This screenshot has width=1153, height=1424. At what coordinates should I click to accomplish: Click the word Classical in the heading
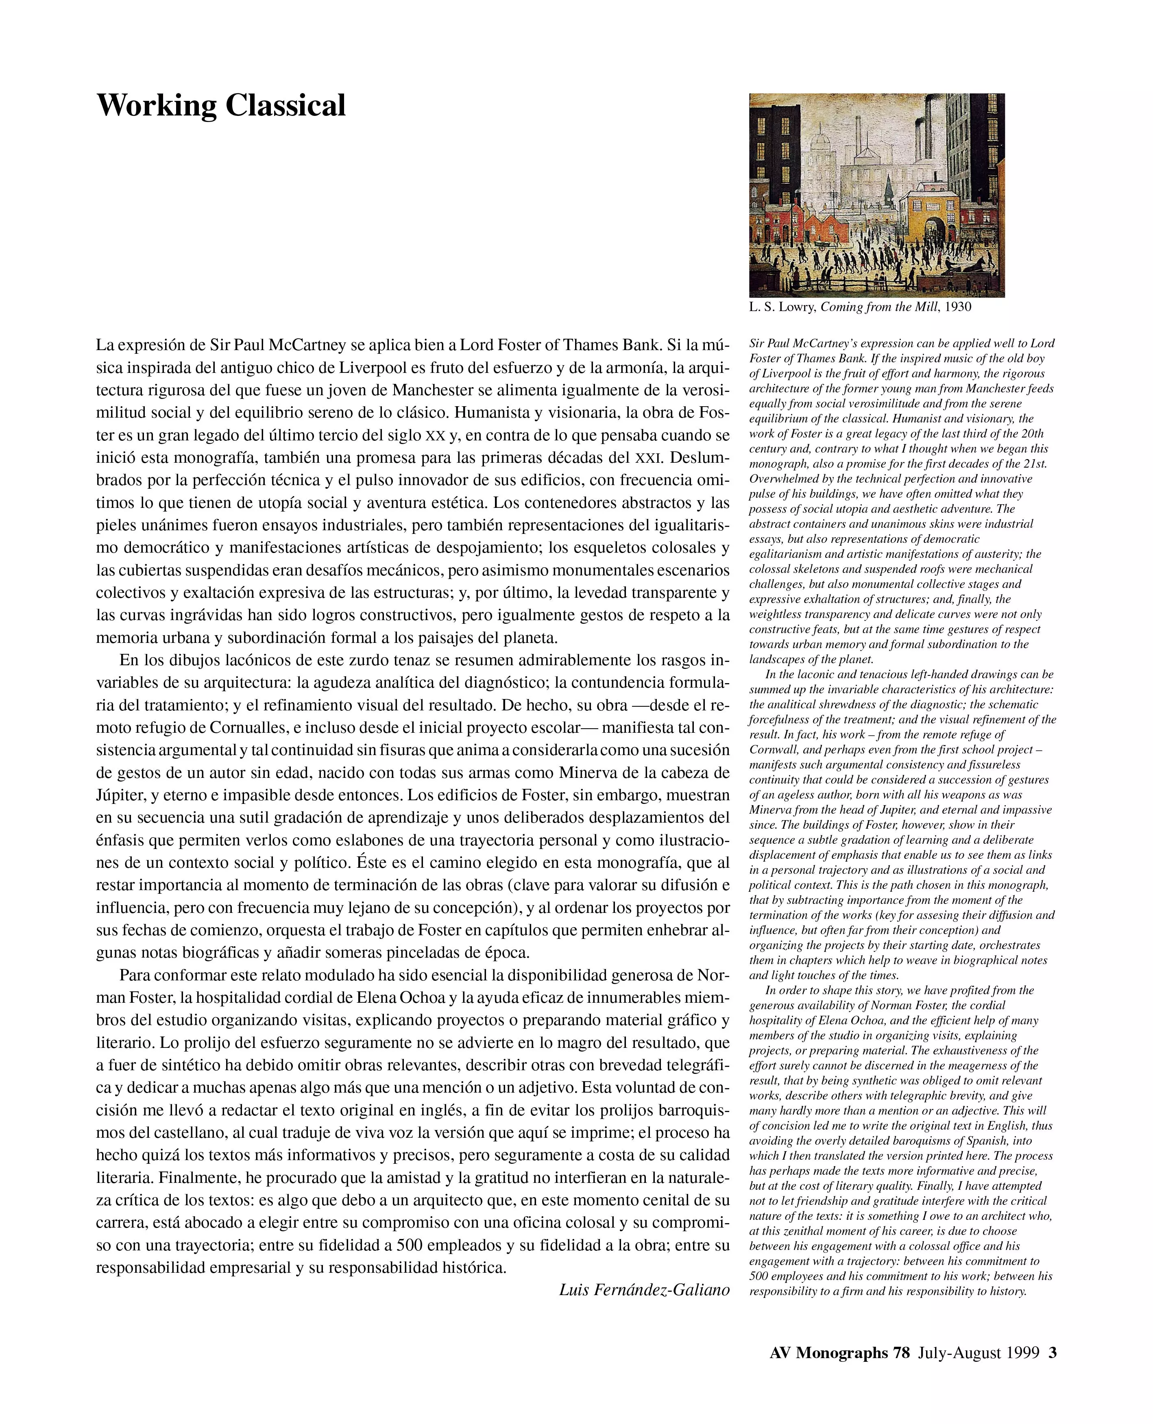coord(285,106)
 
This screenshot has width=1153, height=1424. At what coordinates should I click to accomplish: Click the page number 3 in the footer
coord(1052,1352)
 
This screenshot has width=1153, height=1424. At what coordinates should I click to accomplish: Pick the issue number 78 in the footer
coord(900,1352)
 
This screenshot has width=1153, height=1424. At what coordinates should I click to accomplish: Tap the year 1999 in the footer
coord(1022,1352)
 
